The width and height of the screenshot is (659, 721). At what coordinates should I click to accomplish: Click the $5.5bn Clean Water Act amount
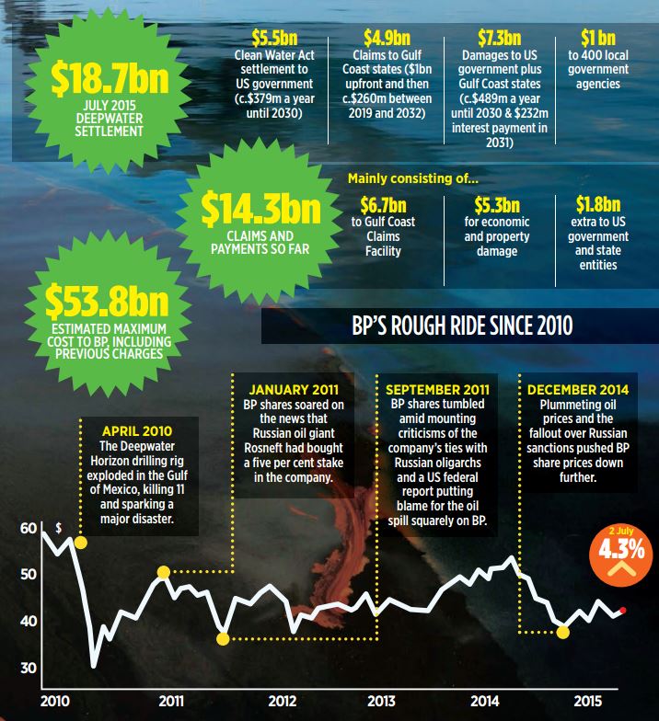[273, 39]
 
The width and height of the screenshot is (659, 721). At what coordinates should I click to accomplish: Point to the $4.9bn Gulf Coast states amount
[387, 39]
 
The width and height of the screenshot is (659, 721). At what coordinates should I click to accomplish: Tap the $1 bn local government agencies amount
[600, 39]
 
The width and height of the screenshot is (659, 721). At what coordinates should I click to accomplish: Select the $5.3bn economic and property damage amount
[497, 204]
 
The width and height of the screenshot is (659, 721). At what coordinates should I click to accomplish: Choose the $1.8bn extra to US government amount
[598, 204]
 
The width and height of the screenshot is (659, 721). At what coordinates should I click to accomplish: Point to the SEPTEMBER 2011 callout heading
[438, 388]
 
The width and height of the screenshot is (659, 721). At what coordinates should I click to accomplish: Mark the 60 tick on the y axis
[29, 530]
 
